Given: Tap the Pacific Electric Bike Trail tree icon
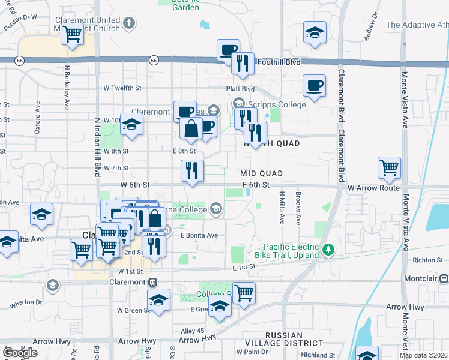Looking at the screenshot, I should (328, 249).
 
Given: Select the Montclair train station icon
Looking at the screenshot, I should (444, 279).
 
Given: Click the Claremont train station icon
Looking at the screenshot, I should (153, 282).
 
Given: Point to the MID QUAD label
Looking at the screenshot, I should (262, 173).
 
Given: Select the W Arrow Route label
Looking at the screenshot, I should (373, 188).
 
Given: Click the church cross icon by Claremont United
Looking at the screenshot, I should (128, 25).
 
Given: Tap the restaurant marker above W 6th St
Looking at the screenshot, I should (193, 170).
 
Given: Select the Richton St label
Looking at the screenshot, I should (430, 260).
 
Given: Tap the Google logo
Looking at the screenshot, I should (20, 353).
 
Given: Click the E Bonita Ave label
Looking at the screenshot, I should (199, 235).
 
